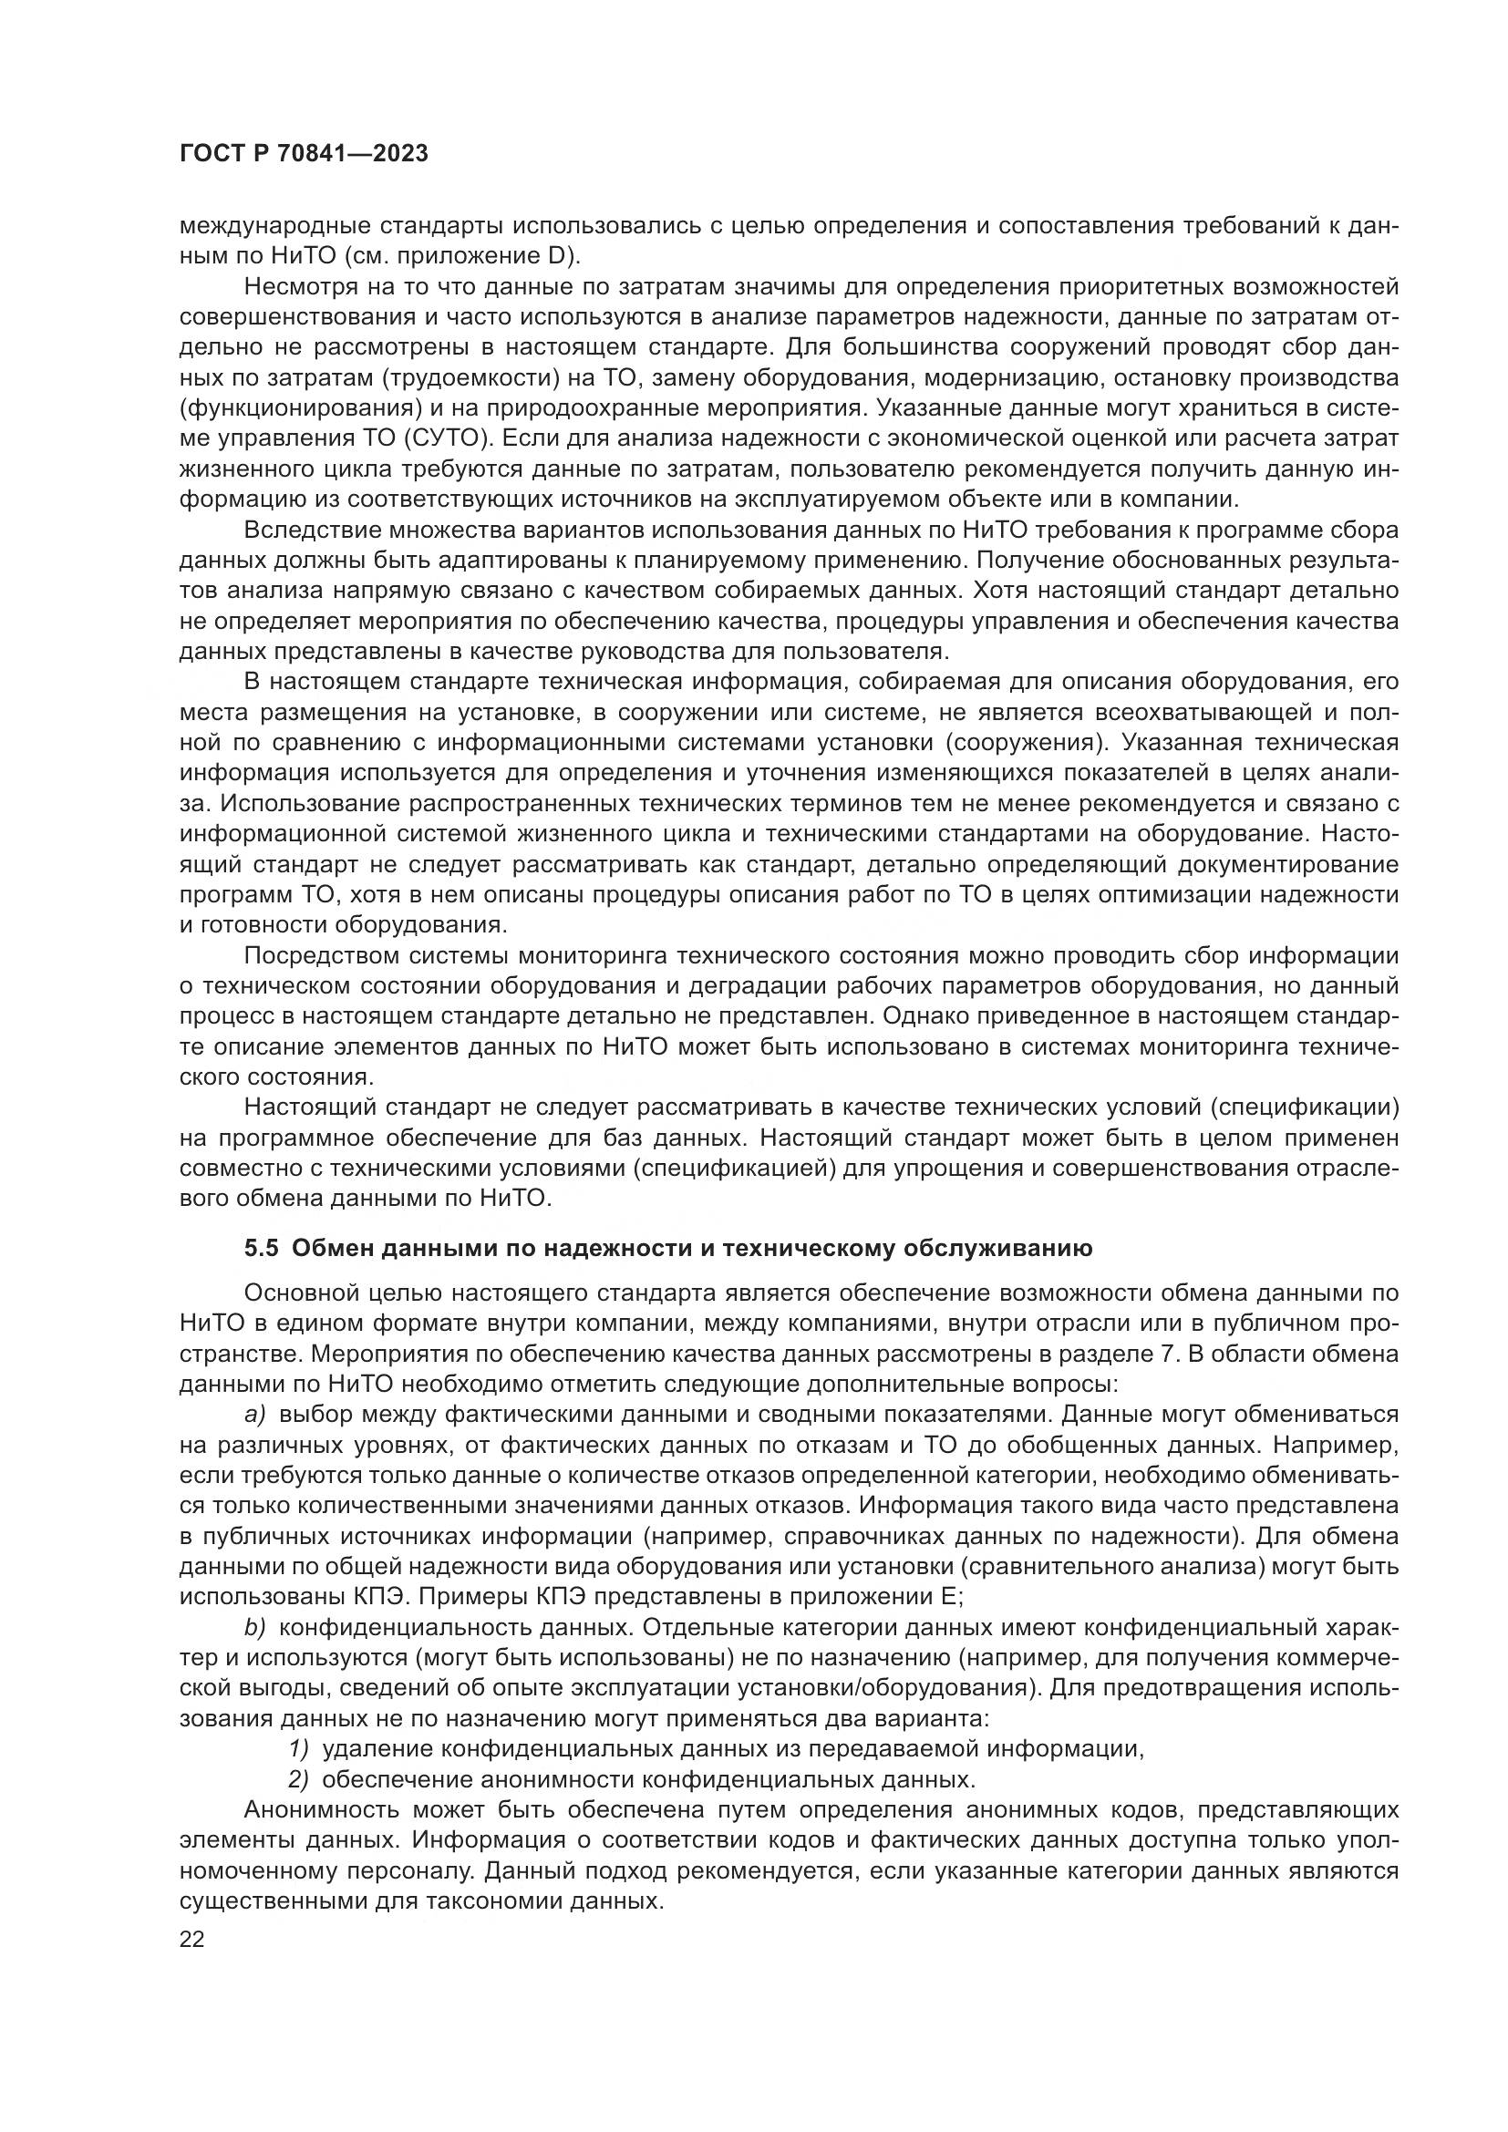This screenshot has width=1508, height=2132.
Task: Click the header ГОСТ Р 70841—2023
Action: (304, 154)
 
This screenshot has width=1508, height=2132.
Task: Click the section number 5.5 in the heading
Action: (262, 1248)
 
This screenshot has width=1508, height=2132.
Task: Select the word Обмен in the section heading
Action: (331, 1248)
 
